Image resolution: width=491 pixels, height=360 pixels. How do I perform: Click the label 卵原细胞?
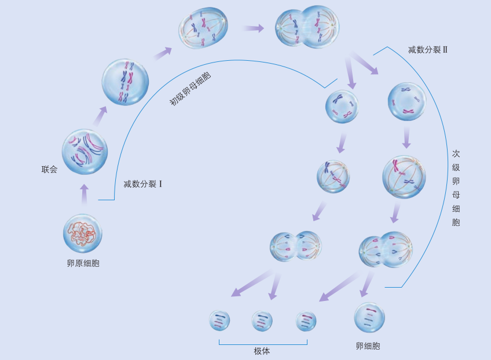click(x=83, y=263)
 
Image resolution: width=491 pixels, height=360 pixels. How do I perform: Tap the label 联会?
click(x=49, y=170)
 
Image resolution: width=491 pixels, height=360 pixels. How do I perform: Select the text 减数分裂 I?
click(x=142, y=184)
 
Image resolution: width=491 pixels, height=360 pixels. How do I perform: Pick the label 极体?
click(x=262, y=351)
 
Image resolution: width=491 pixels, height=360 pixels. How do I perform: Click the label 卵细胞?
click(x=368, y=346)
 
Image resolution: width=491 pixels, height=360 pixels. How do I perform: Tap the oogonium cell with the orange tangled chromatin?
click(x=83, y=233)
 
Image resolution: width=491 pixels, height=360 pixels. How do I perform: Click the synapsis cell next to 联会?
click(x=85, y=152)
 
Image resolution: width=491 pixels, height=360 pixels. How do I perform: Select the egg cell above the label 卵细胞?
click(x=369, y=317)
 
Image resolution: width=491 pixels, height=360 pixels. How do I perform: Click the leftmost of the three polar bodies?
click(x=219, y=321)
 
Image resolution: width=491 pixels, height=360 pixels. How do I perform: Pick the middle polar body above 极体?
click(x=262, y=321)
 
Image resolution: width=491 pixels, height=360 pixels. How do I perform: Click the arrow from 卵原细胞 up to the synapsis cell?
click(x=84, y=194)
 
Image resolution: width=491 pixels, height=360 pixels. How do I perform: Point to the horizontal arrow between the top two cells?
click(x=253, y=27)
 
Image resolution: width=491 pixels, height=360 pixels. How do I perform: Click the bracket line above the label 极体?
click(x=263, y=344)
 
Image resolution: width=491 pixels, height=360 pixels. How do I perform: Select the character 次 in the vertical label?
click(x=456, y=153)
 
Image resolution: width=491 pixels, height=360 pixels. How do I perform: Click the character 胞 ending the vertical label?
click(x=456, y=222)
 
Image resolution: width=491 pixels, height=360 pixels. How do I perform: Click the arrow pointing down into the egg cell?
click(x=365, y=285)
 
